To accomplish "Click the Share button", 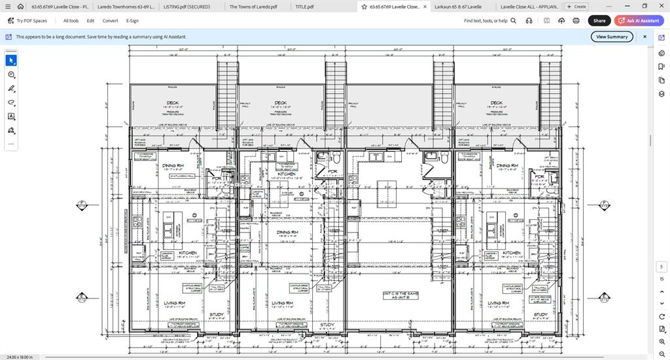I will pyautogui.click(x=599, y=20).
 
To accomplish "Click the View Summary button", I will pyautogui.click(x=612, y=37).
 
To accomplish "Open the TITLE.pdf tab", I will pyautogui.click(x=304, y=7).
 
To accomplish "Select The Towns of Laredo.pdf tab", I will pyautogui.click(x=253, y=7).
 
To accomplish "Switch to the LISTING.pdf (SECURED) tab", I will pyautogui.click(x=187, y=7).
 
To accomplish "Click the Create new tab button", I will pyautogui.click(x=576, y=7).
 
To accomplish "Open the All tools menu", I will pyautogui.click(x=71, y=20).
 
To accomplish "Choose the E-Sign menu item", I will pyautogui.click(x=132, y=20).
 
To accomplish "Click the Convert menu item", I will pyautogui.click(x=110, y=20).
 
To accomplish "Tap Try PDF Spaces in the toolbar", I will pyautogui.click(x=27, y=20).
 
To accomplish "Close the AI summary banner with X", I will pyautogui.click(x=644, y=37).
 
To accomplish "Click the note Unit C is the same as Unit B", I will pyautogui.click(x=400, y=295).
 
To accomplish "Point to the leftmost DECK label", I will pyautogui.click(x=172, y=103).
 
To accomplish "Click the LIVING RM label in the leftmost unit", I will pyautogui.click(x=174, y=303).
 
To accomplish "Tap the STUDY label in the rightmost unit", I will pyautogui.click(x=540, y=315).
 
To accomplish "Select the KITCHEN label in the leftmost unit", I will pyautogui.click(x=188, y=253).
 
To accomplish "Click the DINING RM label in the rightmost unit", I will pyautogui.click(x=506, y=166).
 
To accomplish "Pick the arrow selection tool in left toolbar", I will pyautogui.click(x=11, y=60).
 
